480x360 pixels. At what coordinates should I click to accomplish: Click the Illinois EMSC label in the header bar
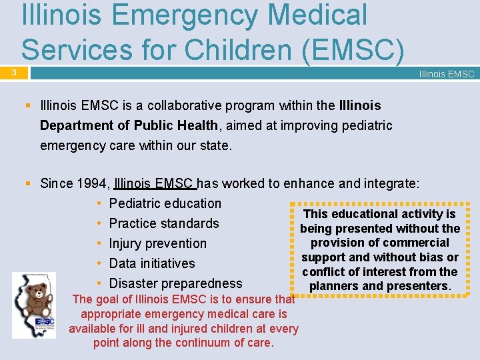[x=446, y=74]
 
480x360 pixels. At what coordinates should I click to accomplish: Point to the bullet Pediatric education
[x=165, y=203]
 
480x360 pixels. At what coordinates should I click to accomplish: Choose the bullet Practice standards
[x=164, y=223]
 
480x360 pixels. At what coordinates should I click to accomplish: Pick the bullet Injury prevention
[x=158, y=243]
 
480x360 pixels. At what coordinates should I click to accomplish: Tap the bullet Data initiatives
[x=152, y=263]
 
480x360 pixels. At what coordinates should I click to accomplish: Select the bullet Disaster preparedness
[x=175, y=283]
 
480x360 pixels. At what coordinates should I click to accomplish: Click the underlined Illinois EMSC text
[x=154, y=183]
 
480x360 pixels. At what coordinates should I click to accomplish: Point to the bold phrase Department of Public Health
[x=129, y=125]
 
